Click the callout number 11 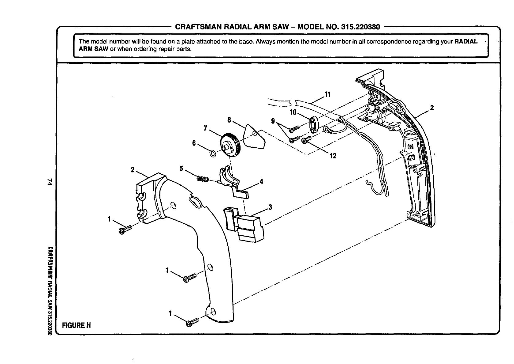(328, 94)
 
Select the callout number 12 (333, 156)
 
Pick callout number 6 (194, 143)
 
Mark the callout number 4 (261, 181)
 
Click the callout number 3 (270, 207)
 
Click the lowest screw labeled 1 (191, 323)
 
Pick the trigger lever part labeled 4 (232, 181)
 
